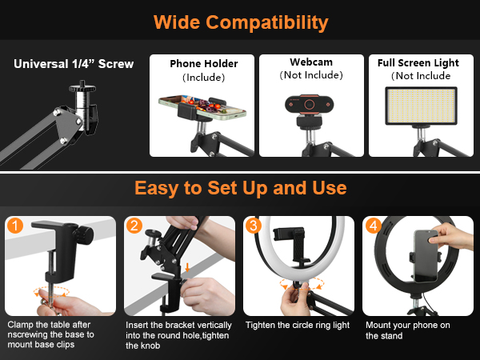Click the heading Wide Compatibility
tap(241, 21)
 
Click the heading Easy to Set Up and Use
tap(240, 189)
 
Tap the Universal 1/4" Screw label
tap(74, 64)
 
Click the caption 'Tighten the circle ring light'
tap(298, 326)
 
